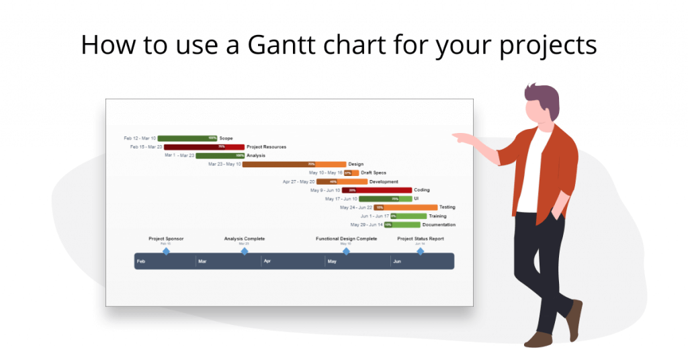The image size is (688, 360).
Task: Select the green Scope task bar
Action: [187, 138]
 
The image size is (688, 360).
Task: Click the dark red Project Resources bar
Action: [204, 147]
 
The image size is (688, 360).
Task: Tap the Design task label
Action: [355, 164]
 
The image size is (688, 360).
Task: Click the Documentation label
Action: [439, 225]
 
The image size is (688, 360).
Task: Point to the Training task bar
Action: [408, 216]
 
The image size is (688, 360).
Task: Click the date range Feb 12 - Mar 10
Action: [140, 138]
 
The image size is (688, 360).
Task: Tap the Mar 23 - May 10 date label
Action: [224, 164]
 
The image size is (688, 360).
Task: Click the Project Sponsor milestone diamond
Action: [166, 251]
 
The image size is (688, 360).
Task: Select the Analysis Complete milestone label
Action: [244, 238]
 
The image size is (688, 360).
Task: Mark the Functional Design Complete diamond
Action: [346, 251]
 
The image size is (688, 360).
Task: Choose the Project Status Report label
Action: [420, 238]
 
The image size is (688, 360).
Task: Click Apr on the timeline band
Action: [267, 261]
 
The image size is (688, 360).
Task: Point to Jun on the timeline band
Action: [397, 261]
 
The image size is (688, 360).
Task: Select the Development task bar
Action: [342, 181]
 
